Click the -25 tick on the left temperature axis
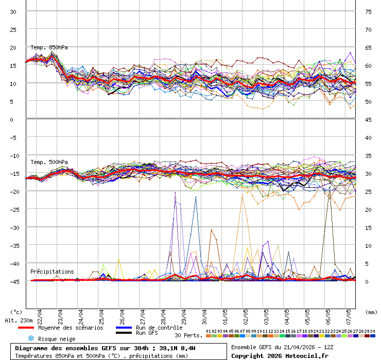tap(14, 209)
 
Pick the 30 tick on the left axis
tap(13, 11)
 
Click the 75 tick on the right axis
tap(368, 11)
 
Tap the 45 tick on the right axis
tap(368, 119)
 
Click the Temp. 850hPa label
tap(49, 47)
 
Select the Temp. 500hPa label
tap(49, 162)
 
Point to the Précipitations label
tap(51, 272)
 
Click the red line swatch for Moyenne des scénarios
tap(26, 328)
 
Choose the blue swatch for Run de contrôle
tap(124, 328)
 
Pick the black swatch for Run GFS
tap(124, 333)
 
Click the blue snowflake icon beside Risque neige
tap(30, 338)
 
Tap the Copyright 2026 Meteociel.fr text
tap(280, 355)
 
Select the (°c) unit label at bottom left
tap(16, 312)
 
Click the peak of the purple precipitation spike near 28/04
tap(175, 192)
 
